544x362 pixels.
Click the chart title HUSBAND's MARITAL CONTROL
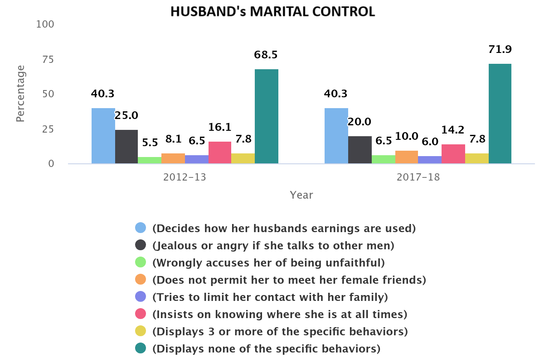(272, 11)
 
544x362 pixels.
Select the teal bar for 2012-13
(267, 116)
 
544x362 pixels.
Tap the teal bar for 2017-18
(500, 114)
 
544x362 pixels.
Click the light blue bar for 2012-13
(103, 136)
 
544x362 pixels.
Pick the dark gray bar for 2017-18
(360, 150)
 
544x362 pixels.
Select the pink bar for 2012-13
(220, 152)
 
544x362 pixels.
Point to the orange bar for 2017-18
(407, 157)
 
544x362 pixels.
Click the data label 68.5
(266, 55)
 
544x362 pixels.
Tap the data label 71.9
(500, 50)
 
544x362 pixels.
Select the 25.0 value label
(126, 115)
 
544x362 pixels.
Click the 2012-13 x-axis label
(185, 177)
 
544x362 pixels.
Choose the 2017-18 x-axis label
(418, 177)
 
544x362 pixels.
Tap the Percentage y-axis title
(20, 94)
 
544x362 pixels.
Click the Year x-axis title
(301, 195)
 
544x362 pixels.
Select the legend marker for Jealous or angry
(141, 245)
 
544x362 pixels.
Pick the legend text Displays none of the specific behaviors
(266, 349)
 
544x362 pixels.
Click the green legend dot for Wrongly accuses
(141, 262)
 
